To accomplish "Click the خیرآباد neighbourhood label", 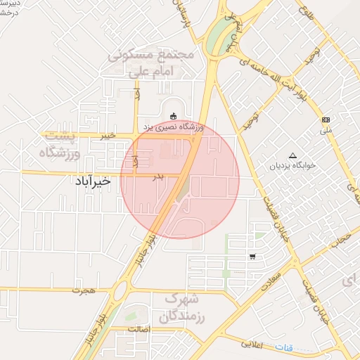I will pyautogui.click(x=92, y=181).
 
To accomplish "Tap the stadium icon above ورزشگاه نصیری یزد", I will pyautogui.click(x=174, y=115).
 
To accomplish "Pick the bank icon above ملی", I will pyautogui.click(x=325, y=120).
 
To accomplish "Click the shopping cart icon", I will pyautogui.click(x=252, y=257).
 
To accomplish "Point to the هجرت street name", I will pyautogui.click(x=87, y=290).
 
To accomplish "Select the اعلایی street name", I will pyautogui.click(x=252, y=344).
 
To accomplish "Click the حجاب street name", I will pyautogui.click(x=342, y=241).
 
